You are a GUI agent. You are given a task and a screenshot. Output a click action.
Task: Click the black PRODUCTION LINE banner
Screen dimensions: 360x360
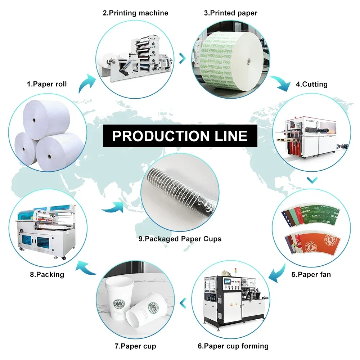click(180, 136)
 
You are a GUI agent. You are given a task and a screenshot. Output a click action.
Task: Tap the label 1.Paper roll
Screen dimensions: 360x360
click(47, 84)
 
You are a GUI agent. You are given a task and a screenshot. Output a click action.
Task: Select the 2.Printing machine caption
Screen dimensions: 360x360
click(135, 13)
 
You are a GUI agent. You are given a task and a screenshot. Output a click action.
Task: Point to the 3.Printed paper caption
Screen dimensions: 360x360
click(231, 13)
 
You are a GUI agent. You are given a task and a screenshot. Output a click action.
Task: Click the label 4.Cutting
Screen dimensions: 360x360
click(312, 84)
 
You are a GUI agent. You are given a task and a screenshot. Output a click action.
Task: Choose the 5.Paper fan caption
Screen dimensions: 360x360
click(311, 274)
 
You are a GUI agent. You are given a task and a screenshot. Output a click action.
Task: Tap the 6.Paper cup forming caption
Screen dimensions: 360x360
click(233, 346)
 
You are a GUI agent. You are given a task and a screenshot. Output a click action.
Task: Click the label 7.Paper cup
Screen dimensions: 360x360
click(135, 346)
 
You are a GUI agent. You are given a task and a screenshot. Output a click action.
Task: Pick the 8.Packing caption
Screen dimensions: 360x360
click(47, 274)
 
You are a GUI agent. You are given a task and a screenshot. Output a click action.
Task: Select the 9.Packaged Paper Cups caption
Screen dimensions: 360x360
click(180, 239)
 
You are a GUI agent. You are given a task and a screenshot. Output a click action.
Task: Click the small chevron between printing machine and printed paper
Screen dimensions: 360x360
click(183, 57)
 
